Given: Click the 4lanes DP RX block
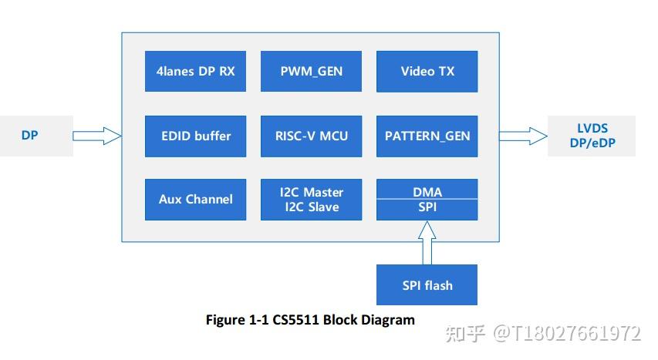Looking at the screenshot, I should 195,71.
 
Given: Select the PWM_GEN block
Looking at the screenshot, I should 311,71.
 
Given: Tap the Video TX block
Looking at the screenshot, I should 427,71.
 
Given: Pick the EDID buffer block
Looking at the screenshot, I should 195,136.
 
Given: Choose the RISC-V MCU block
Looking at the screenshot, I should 311,136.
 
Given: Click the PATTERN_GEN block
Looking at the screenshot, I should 427,136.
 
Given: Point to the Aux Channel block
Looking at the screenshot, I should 195,199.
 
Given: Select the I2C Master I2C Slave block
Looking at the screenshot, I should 311,199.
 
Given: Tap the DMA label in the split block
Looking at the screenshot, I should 427,190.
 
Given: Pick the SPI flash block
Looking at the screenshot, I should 427,285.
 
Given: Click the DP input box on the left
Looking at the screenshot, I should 31,136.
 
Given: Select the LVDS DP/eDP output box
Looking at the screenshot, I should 591,136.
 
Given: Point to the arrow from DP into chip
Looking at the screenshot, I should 97,136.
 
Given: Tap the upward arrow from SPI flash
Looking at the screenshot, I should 427,242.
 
